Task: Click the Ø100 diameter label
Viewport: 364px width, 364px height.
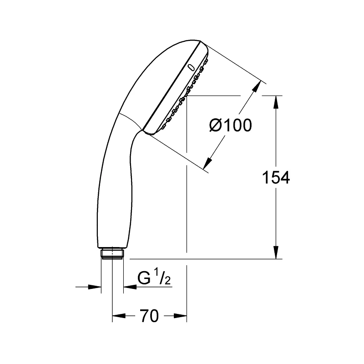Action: click(x=230, y=126)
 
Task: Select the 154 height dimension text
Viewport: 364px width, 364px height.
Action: click(x=276, y=177)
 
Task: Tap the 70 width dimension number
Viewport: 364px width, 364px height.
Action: click(x=149, y=316)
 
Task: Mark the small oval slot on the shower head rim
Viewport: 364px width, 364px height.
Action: click(x=191, y=67)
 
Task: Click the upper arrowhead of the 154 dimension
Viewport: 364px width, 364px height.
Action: click(x=276, y=101)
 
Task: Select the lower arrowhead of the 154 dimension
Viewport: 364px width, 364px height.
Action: click(x=276, y=253)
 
